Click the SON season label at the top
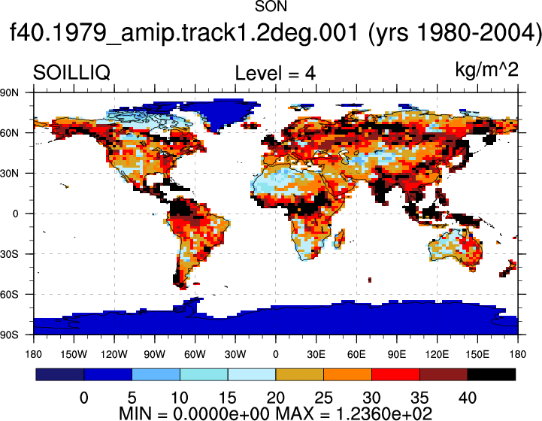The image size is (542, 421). pos(271,6)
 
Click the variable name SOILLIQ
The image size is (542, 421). pos(71,73)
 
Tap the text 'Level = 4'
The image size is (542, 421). pos(275,73)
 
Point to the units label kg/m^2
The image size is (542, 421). pos(486,70)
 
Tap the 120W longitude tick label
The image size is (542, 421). pos(114,354)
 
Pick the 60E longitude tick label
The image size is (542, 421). pos(356,354)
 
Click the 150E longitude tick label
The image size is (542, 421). pos(477,354)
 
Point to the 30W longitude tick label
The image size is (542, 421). pos(235,354)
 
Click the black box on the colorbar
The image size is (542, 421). pos(492,374)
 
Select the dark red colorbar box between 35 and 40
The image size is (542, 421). pos(444,374)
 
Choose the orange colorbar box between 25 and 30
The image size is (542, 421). pos(348,374)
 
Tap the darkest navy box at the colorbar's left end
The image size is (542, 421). pos(60,374)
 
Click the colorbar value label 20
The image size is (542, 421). pos(275,398)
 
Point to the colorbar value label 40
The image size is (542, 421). pos(468,398)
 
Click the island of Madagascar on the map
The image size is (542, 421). pos(340,239)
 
